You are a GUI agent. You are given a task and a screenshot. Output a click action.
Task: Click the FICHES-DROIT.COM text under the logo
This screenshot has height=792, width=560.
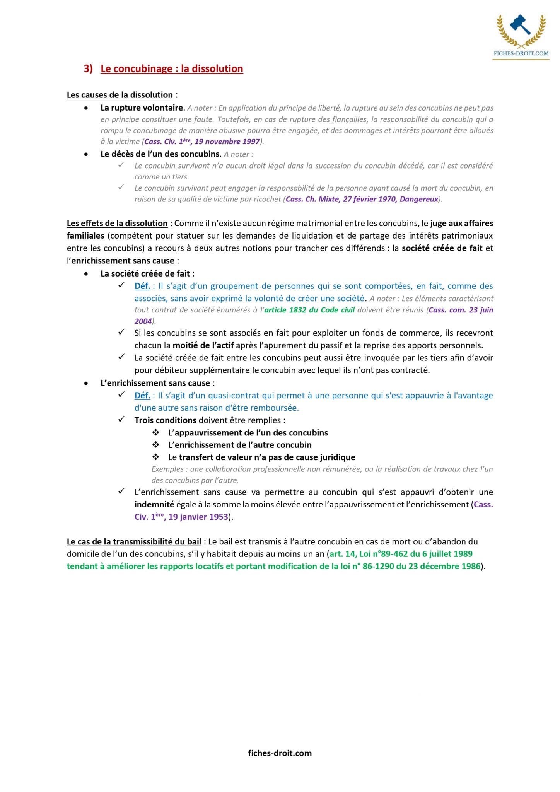tap(521, 53)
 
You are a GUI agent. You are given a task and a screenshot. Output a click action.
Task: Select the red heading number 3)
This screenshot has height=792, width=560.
tap(88, 69)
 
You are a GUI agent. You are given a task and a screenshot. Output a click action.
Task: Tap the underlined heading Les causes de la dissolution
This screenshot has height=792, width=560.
tap(120, 95)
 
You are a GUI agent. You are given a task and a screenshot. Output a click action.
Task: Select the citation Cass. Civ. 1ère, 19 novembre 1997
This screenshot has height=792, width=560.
tap(202, 142)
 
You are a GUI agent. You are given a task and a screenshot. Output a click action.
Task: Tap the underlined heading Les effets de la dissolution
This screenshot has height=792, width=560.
tap(117, 223)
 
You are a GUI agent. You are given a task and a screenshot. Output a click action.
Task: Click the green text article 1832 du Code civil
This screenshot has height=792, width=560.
tap(309, 310)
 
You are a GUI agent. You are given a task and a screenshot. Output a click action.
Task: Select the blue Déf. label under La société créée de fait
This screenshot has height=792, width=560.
tap(142, 286)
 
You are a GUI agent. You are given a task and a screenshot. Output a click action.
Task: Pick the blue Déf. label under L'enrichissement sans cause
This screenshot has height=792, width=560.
tap(142, 396)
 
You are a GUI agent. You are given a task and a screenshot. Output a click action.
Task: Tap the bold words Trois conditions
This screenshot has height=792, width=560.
tap(166, 420)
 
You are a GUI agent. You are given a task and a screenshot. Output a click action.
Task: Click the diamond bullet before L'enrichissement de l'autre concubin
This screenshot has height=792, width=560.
tap(156, 445)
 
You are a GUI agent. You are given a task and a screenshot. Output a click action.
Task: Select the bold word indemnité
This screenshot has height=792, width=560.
tap(154, 504)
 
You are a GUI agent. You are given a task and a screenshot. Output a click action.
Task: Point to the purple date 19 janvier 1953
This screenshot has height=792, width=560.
tap(198, 517)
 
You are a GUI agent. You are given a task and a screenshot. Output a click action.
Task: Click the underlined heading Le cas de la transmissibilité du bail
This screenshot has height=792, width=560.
tap(134, 542)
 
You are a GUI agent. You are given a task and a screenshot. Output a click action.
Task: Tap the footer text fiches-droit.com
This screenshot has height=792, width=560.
tap(280, 753)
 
